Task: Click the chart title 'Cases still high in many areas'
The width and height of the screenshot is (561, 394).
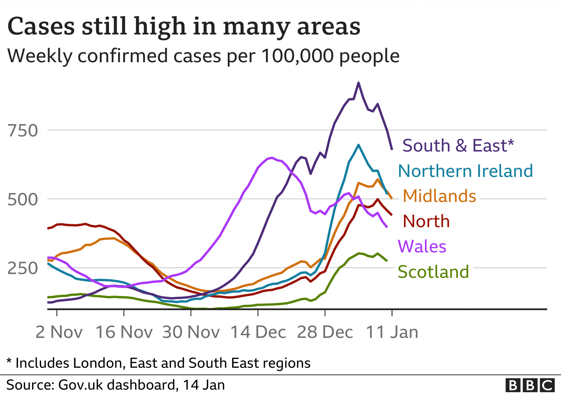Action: pyautogui.click(x=184, y=27)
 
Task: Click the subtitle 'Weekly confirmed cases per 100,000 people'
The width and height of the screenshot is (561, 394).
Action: pyautogui.click(x=203, y=56)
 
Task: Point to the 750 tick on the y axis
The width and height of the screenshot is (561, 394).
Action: pyautogui.click(x=23, y=131)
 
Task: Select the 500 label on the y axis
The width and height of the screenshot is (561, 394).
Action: pyautogui.click(x=23, y=199)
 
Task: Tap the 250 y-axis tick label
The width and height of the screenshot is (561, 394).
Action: pyautogui.click(x=23, y=268)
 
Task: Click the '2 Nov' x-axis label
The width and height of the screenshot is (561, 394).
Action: pyautogui.click(x=59, y=332)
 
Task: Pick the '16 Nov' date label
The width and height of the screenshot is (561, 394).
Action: pyautogui.click(x=124, y=332)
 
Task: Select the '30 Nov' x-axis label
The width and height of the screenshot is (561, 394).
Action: pyautogui.click(x=191, y=332)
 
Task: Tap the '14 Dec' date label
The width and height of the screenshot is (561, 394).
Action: pyautogui.click(x=258, y=332)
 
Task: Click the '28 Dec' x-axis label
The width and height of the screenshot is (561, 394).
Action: pyautogui.click(x=325, y=332)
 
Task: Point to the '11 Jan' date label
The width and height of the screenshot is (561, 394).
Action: pyautogui.click(x=392, y=332)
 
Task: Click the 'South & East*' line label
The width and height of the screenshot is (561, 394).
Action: pyautogui.click(x=458, y=145)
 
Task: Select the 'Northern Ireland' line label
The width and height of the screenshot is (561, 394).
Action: pyautogui.click(x=465, y=171)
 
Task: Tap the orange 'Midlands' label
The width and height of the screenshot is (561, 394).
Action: pyautogui.click(x=439, y=196)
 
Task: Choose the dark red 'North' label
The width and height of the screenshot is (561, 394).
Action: pyautogui.click(x=426, y=221)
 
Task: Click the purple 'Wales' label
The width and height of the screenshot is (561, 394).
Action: pyautogui.click(x=422, y=246)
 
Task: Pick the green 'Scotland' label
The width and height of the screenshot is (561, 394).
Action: pyautogui.click(x=433, y=272)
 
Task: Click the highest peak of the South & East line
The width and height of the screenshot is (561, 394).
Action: pyautogui.click(x=358, y=83)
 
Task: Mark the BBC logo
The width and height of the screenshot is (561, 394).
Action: pyautogui.click(x=530, y=385)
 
